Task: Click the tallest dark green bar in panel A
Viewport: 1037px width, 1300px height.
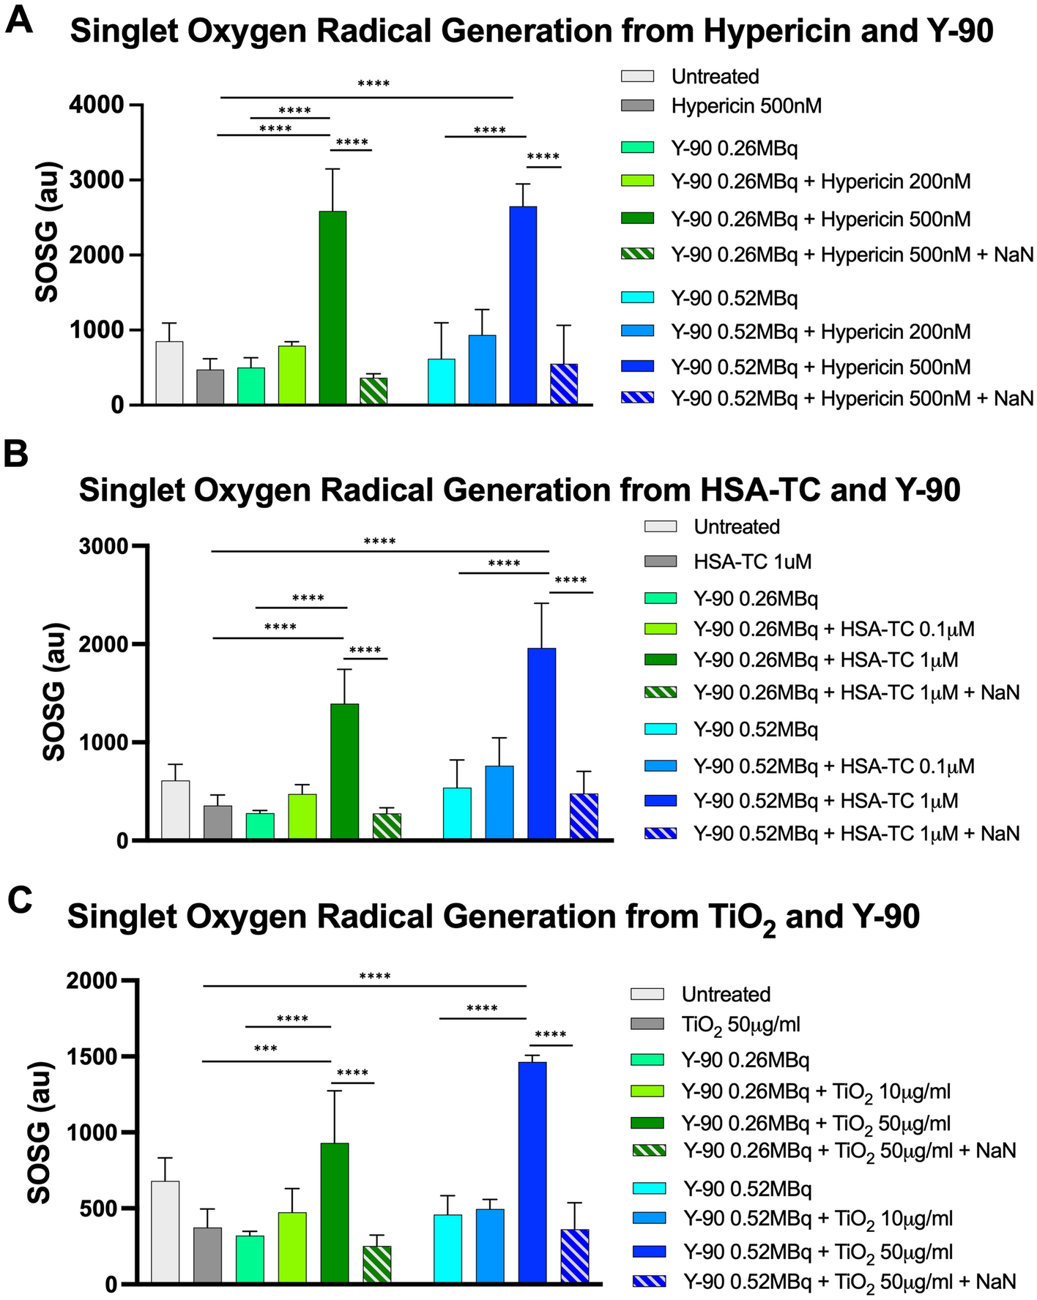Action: [x=332, y=307]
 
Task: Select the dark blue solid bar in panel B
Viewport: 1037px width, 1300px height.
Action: [x=541, y=743]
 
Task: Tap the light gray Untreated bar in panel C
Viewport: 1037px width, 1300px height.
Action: [x=165, y=1232]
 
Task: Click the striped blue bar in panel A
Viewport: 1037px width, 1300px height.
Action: [x=563, y=384]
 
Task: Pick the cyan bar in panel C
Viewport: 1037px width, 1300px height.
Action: [x=447, y=1248]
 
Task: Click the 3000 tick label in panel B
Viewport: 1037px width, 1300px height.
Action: [x=102, y=547]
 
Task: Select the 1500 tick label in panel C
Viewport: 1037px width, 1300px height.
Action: [x=91, y=1056]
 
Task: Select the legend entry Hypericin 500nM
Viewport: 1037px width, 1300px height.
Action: [x=746, y=106]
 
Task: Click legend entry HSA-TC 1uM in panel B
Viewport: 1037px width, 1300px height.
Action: [x=752, y=562]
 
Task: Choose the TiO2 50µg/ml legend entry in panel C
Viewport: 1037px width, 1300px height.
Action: [x=740, y=1024]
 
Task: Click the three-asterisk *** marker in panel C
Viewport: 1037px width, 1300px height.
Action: [x=265, y=1049]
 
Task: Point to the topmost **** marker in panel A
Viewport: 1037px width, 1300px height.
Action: [x=373, y=84]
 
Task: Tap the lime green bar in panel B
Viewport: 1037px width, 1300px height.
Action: [x=302, y=816]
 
